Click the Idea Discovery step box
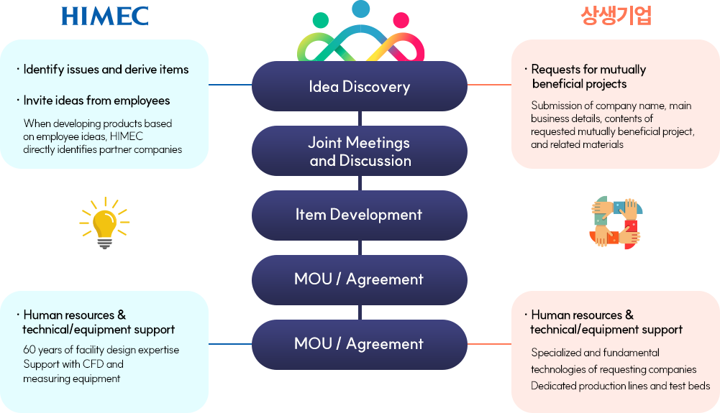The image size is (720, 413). coord(359,87)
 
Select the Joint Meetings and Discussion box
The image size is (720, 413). coord(359,152)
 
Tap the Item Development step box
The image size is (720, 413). coord(359,215)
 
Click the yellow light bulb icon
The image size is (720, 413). coord(104,223)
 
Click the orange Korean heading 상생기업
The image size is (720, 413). coord(616,16)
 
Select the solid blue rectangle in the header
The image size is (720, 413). coord(104,16)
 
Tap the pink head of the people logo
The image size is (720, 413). coord(401,19)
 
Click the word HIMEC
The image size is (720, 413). coord(128,136)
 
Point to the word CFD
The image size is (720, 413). coord(95,364)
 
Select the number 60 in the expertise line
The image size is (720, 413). coord(29,350)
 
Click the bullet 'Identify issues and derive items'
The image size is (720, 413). coord(106,70)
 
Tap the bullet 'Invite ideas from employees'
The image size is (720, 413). coord(96,101)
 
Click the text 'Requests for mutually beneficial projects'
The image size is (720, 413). coord(588,77)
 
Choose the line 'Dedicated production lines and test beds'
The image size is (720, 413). coord(620,386)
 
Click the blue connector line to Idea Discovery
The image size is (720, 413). coord(229,85)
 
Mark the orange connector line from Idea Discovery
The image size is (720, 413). coord(488,85)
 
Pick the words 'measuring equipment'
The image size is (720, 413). coord(71,379)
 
